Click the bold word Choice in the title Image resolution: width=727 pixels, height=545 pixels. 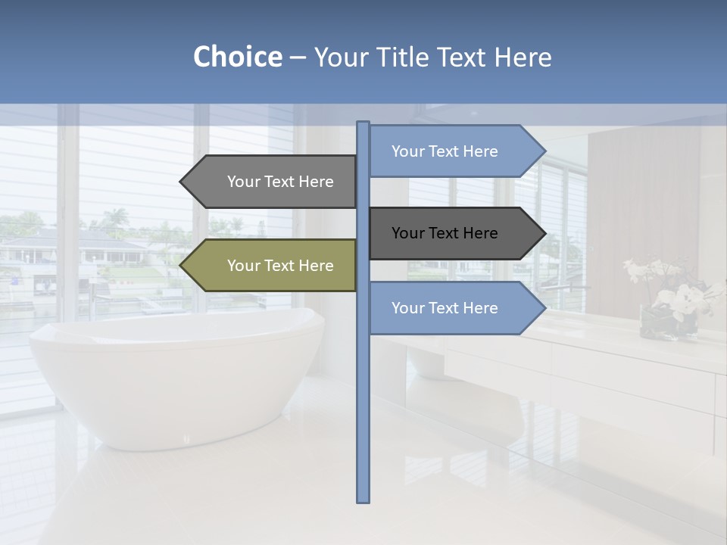[x=237, y=57]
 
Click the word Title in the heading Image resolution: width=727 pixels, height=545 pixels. [x=402, y=57]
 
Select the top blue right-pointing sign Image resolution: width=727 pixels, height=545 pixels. [x=447, y=151]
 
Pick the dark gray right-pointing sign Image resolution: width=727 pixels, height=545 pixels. [x=447, y=233]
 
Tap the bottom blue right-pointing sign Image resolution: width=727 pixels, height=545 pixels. [x=447, y=308]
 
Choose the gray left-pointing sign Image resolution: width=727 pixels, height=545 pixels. [x=276, y=182]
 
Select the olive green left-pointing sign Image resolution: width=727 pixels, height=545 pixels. [x=276, y=266]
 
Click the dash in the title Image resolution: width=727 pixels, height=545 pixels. [x=298, y=58]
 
